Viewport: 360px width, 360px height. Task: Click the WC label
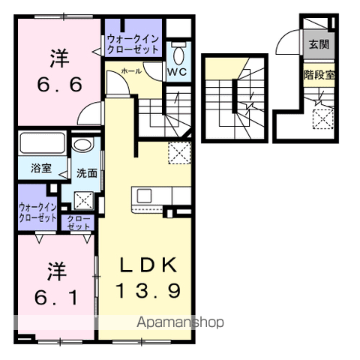[x=177, y=72]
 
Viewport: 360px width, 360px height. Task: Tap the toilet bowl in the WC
[x=178, y=55]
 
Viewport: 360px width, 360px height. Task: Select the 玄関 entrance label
[x=319, y=44]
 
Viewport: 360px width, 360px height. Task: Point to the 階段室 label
[x=319, y=74]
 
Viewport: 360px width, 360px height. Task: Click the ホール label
[x=131, y=71]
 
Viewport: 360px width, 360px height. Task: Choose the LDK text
[x=148, y=265]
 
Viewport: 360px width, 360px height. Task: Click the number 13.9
[x=148, y=291]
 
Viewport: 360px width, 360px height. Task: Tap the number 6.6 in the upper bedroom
[x=59, y=84]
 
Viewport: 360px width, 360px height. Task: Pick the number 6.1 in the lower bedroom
[x=56, y=298]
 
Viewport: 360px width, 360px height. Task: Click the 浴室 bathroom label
[x=41, y=168]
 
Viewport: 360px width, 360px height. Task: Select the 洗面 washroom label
[x=87, y=173]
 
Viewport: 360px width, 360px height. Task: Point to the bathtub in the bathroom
[x=43, y=142]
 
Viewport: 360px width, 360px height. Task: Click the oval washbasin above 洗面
[x=82, y=145]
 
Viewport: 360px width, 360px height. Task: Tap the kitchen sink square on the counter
[x=144, y=196]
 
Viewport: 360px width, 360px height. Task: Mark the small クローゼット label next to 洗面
[x=78, y=223]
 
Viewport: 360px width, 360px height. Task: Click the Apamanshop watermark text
[x=180, y=322]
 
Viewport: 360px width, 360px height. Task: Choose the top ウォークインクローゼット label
[x=133, y=44]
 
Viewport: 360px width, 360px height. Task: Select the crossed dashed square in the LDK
[x=180, y=153]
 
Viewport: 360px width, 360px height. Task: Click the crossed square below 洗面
[x=84, y=200]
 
